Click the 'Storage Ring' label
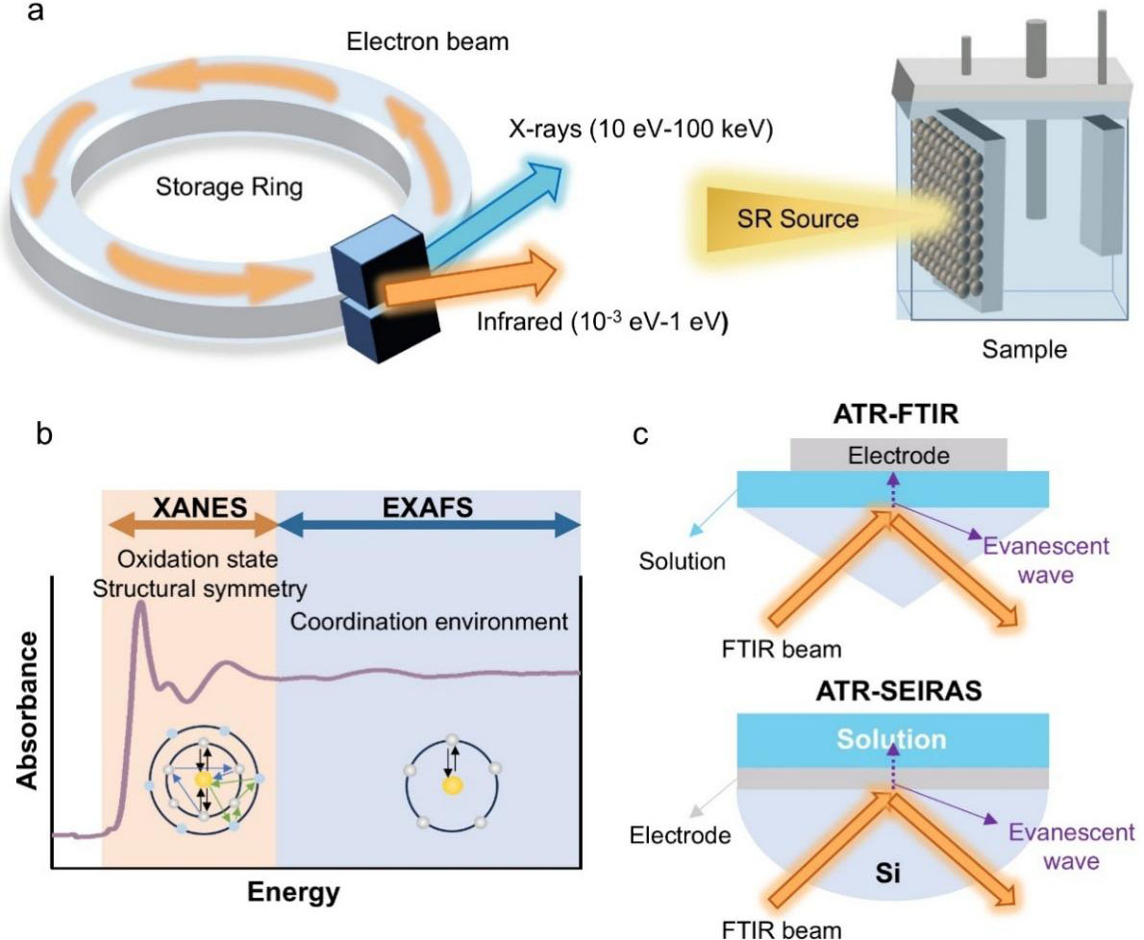pos(229,186)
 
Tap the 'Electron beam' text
pos(428,41)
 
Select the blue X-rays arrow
pos(492,213)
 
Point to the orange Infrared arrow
pos(470,280)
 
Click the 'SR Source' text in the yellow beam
pos(798,219)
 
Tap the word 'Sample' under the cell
pos(1025,349)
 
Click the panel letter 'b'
pos(44,433)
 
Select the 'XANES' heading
pos(200,507)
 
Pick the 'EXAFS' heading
pos(428,507)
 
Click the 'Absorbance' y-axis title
pos(28,710)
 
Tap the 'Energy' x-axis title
pos(293,892)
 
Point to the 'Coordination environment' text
pos(429,621)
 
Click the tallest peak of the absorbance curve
pos(140,604)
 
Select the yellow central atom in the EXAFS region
pos(453,785)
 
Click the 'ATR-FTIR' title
pos(896,414)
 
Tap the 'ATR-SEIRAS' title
pos(899,691)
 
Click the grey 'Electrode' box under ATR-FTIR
pos(899,455)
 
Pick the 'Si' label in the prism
pos(887,873)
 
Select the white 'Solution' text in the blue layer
pos(891,739)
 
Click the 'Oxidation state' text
pos(198,559)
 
